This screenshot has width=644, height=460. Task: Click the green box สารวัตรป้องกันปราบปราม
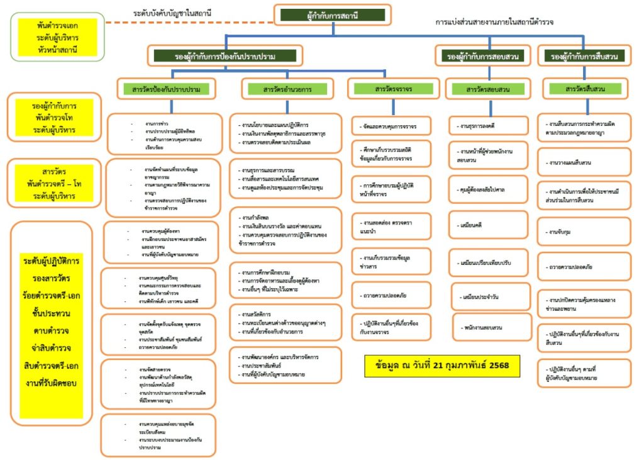point(162,89)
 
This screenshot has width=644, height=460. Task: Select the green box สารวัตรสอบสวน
point(487,89)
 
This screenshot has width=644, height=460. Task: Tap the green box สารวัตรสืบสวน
point(586,89)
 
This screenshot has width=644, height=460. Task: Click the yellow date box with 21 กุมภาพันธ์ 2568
point(442,365)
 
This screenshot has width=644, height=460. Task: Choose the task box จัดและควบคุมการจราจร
point(392,126)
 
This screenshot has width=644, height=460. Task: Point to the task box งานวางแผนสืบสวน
point(584,162)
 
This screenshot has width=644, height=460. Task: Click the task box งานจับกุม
point(584,232)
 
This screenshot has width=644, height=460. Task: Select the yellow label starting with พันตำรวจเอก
point(57,37)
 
